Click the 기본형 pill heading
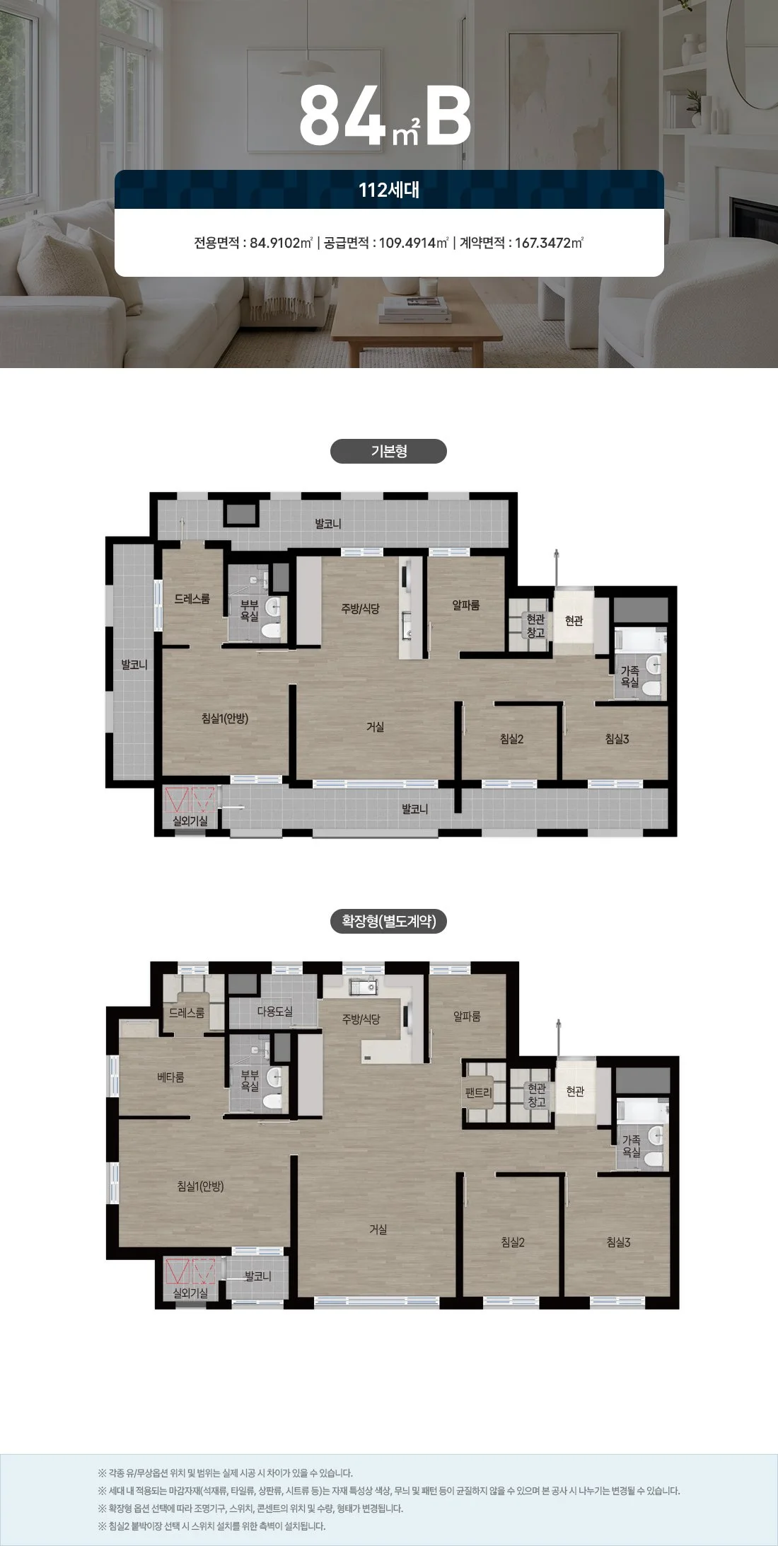[388, 452]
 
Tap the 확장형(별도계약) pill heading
[388, 922]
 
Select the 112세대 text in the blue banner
[389, 190]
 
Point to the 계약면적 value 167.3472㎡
[549, 244]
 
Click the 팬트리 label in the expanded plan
[478, 1092]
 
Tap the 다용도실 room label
[275, 1012]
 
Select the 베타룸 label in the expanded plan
[170, 1077]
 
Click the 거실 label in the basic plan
[376, 727]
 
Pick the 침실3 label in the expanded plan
[618, 1242]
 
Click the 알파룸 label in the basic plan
[466, 605]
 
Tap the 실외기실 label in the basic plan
[190, 821]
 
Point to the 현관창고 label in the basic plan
[536, 626]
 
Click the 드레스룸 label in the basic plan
[192, 599]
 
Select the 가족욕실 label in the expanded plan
[631, 1146]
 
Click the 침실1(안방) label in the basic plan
[225, 718]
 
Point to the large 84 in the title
[343, 115]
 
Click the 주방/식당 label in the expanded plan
[361, 1019]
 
